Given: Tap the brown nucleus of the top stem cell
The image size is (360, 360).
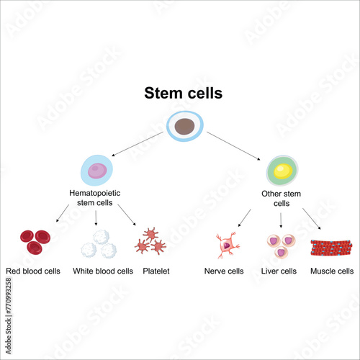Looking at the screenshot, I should pos(185,127).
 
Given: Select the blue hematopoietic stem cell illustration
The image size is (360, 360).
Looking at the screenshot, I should pos(96,170).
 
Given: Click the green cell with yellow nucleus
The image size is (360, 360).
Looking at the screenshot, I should pos(282,171).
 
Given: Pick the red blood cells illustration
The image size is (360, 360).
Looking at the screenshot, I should pos(35,241).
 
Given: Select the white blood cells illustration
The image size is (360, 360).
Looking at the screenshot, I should pos(97,244).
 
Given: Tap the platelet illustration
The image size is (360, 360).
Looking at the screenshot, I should pos(150,241).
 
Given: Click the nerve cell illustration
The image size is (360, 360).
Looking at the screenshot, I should pos(228,245).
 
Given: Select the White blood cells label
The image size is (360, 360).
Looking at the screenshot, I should pos(103,271).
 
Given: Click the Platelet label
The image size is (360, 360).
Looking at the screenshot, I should pos(156,271).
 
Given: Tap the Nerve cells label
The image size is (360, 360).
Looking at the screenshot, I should pos(224,271).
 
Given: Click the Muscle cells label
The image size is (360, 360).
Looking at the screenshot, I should pos(331,271).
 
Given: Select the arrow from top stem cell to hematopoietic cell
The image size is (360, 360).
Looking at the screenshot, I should pos(137,145).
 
